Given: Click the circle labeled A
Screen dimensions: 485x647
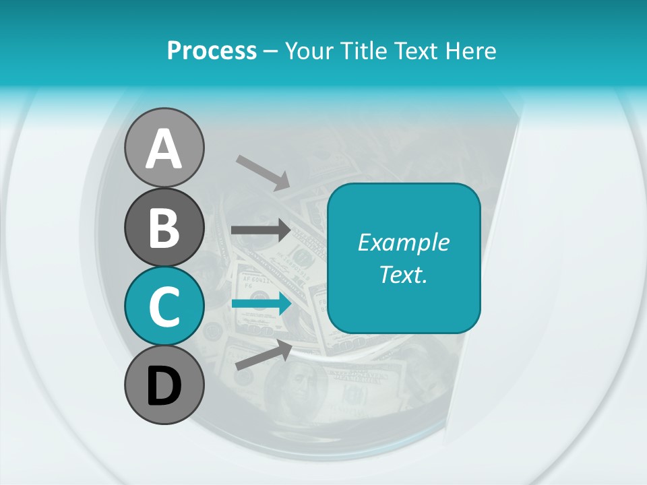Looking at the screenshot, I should (x=164, y=148).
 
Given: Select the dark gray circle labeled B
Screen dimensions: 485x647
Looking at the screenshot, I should (x=164, y=227).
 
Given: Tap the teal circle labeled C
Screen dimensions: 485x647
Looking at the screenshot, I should (x=164, y=306).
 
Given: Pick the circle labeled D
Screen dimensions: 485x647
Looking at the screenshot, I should (x=164, y=385).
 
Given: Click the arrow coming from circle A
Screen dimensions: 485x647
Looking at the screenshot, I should (x=262, y=172).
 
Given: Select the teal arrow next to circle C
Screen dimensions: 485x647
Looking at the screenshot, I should (x=261, y=304).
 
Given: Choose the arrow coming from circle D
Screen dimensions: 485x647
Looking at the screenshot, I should (x=264, y=354).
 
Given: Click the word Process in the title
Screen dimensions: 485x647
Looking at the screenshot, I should (x=212, y=51).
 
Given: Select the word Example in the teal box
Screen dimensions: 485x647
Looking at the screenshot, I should (x=403, y=243).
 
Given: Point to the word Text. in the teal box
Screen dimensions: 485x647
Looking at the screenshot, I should (x=403, y=274).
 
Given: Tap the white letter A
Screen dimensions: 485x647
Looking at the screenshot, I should (x=164, y=149).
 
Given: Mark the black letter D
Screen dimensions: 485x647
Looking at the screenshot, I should (x=164, y=386).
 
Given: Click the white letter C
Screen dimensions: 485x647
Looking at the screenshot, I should (x=164, y=306).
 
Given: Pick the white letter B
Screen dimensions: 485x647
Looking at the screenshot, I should (x=164, y=228).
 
